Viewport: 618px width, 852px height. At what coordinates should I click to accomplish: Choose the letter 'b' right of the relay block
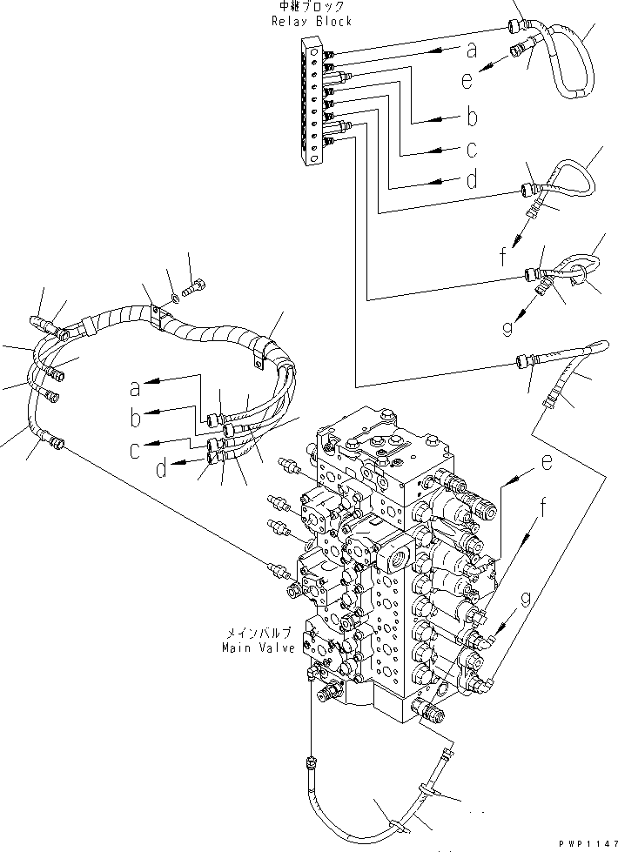(470, 116)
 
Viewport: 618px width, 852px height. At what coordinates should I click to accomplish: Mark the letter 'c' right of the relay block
(470, 150)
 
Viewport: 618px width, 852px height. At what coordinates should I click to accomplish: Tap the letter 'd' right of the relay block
(470, 181)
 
